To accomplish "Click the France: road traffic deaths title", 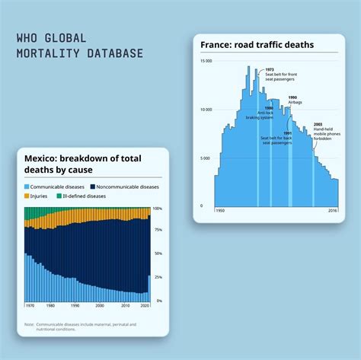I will [x=257, y=45].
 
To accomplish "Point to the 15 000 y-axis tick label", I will [x=206, y=61].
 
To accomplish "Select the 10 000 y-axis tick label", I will [x=206, y=110].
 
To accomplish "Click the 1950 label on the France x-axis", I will [x=219, y=210].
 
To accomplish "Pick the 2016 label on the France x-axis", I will [x=332, y=210].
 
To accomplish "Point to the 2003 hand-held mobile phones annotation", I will [x=325, y=131].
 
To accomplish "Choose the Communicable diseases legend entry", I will [x=56, y=186].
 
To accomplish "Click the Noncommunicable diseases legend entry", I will [x=124, y=186].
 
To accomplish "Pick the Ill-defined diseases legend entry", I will [x=83, y=196].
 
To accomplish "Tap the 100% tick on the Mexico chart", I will [x=157, y=208].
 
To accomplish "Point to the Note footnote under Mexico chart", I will [x=80, y=327].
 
